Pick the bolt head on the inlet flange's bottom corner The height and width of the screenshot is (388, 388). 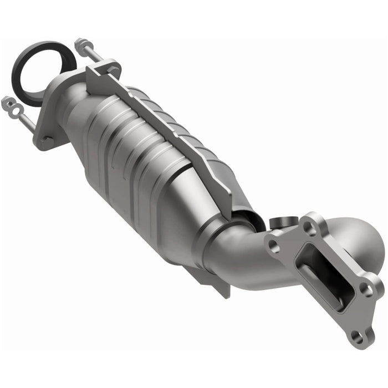pyautogui.click(x=48, y=141)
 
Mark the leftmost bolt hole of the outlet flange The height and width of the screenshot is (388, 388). pyautogui.click(x=273, y=245)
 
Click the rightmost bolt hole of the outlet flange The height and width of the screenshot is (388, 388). pyautogui.click(x=366, y=288)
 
